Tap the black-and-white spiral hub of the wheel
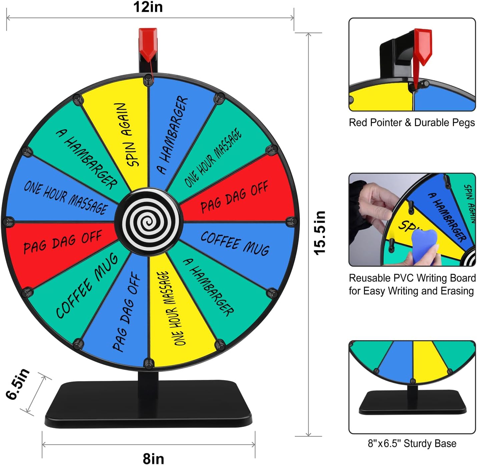tap(149, 222)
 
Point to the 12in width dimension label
tap(148, 7)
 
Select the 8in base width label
tap(153, 458)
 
